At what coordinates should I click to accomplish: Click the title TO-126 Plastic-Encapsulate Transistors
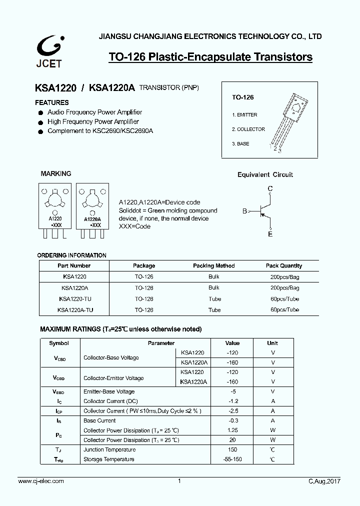coord(210,57)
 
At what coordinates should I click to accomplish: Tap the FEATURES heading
coord(52,102)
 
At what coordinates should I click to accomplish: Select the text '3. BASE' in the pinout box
coord(240,144)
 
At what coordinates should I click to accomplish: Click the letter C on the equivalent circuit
coord(270,188)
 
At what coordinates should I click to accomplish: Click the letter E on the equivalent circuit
coord(270,234)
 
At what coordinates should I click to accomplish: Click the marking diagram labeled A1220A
coord(92,205)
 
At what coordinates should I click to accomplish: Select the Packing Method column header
coord(214,266)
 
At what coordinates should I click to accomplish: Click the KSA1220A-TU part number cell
coord(75,310)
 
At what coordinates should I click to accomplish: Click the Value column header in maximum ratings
coord(232,343)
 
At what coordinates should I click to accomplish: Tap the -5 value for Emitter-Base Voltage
coord(232,392)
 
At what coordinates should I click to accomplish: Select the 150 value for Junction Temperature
coord(232,450)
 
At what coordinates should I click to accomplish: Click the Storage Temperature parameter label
coord(108,459)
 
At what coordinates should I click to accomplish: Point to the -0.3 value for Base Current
coord(232,421)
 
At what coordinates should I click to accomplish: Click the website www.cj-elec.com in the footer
coord(41,481)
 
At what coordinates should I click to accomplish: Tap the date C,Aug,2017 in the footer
coord(324,481)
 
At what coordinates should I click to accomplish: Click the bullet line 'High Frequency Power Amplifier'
coord(93,121)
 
